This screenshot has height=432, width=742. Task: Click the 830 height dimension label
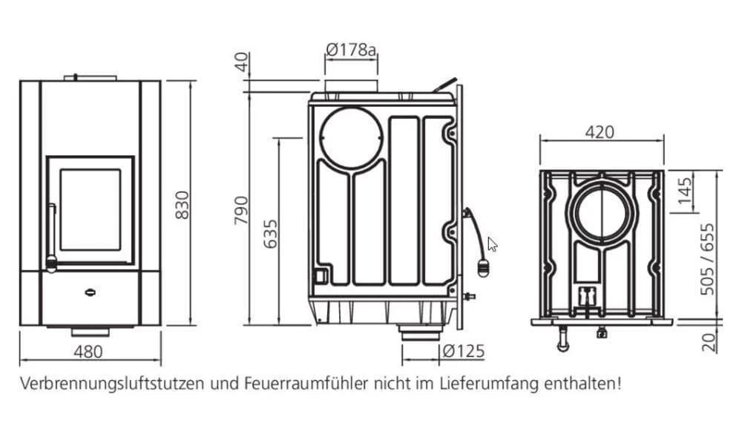(x=182, y=205)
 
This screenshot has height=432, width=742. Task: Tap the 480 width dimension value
(x=89, y=352)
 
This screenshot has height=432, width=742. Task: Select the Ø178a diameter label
(x=351, y=50)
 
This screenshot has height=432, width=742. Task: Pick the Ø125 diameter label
(x=463, y=351)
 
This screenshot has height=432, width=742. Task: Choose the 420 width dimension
(x=600, y=132)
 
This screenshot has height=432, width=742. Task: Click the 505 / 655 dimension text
(x=709, y=258)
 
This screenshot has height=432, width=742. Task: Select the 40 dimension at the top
(x=240, y=62)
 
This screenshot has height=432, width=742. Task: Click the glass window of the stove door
(x=91, y=209)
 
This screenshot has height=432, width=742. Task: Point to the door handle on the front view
(x=51, y=234)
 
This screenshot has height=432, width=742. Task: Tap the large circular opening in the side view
(x=352, y=138)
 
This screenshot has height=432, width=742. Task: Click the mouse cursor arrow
(x=491, y=243)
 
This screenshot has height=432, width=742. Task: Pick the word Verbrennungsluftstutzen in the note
(x=113, y=384)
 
